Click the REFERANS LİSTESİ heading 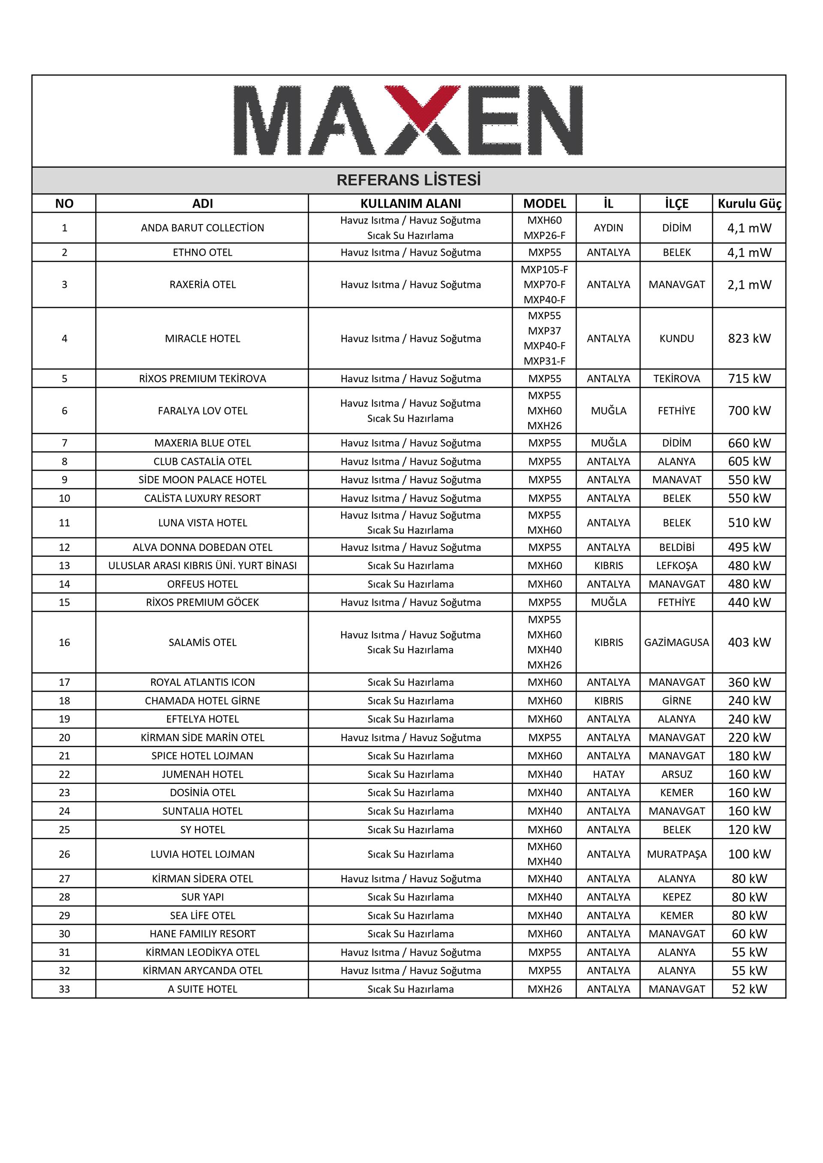pos(408,180)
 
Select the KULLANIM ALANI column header pos(411,203)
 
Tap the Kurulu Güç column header pos(749,203)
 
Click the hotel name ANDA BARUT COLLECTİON pos(202,228)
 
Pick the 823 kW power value pos(749,338)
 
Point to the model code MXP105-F pos(544,269)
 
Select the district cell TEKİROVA pos(676,378)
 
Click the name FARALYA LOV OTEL pos(202,411)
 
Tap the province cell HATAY pos(608,774)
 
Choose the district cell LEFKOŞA pos(676,565)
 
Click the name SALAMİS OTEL pos(202,642)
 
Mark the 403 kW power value pos(749,642)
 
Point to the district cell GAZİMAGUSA pos(676,642)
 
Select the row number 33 pos(64,989)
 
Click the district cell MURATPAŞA pos(676,854)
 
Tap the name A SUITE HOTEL pos(202,989)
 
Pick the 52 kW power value pos(749,989)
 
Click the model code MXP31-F pos(544,361)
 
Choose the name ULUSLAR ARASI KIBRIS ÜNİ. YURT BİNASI pos(202,565)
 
